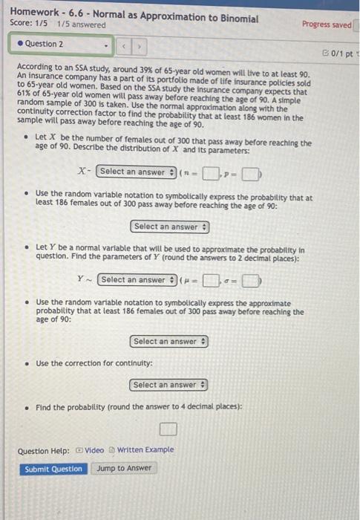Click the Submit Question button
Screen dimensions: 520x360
pyautogui.click(x=53, y=469)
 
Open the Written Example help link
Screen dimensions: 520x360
pyautogui.click(x=145, y=450)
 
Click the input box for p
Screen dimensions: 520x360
pyautogui.click(x=252, y=175)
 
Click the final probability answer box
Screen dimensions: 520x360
pyautogui.click(x=168, y=429)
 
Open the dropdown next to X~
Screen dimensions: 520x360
pyautogui.click(x=137, y=172)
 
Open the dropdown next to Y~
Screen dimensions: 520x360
pyautogui.click(x=137, y=280)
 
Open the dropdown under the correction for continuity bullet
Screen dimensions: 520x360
pyautogui.click(x=170, y=385)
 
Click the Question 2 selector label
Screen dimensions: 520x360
pyautogui.click(x=45, y=44)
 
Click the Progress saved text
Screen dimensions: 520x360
pyautogui.click(x=326, y=25)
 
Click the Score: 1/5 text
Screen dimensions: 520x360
pyautogui.click(x=30, y=25)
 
